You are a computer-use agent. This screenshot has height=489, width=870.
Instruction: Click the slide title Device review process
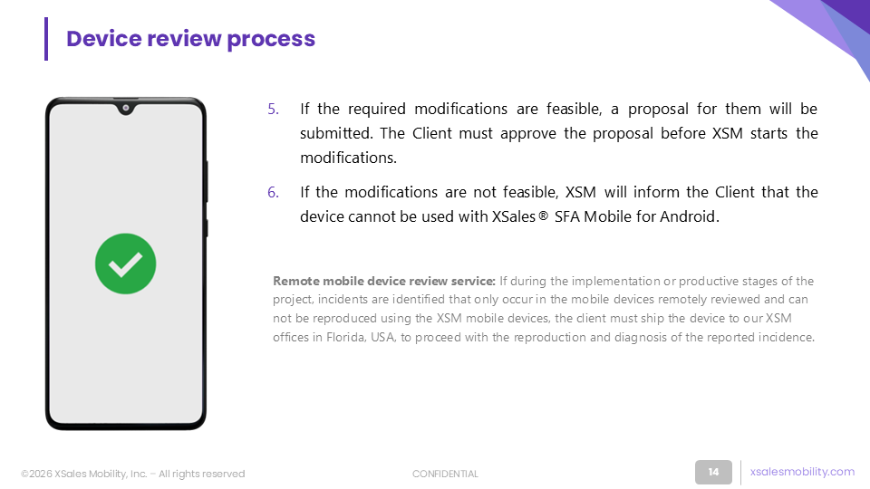[x=190, y=39]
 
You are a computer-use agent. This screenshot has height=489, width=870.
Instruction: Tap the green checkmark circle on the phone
[x=125, y=264]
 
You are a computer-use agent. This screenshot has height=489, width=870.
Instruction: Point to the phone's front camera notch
[x=126, y=108]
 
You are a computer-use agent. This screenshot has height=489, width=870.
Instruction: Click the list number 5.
[x=273, y=109]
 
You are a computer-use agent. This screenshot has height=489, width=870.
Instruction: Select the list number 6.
[x=273, y=192]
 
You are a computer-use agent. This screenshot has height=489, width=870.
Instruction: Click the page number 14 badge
[x=713, y=472]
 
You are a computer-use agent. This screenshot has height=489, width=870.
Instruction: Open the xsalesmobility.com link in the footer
[x=802, y=471]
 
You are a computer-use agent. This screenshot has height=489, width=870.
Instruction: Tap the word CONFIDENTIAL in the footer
[x=445, y=474]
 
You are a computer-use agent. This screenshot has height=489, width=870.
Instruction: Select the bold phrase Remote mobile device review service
[x=384, y=281]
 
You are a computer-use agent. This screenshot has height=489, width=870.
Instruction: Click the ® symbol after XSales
[x=543, y=216]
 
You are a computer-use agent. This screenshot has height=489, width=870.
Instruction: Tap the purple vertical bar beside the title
[x=46, y=39]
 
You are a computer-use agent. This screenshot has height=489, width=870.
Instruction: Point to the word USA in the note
[x=382, y=337]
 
